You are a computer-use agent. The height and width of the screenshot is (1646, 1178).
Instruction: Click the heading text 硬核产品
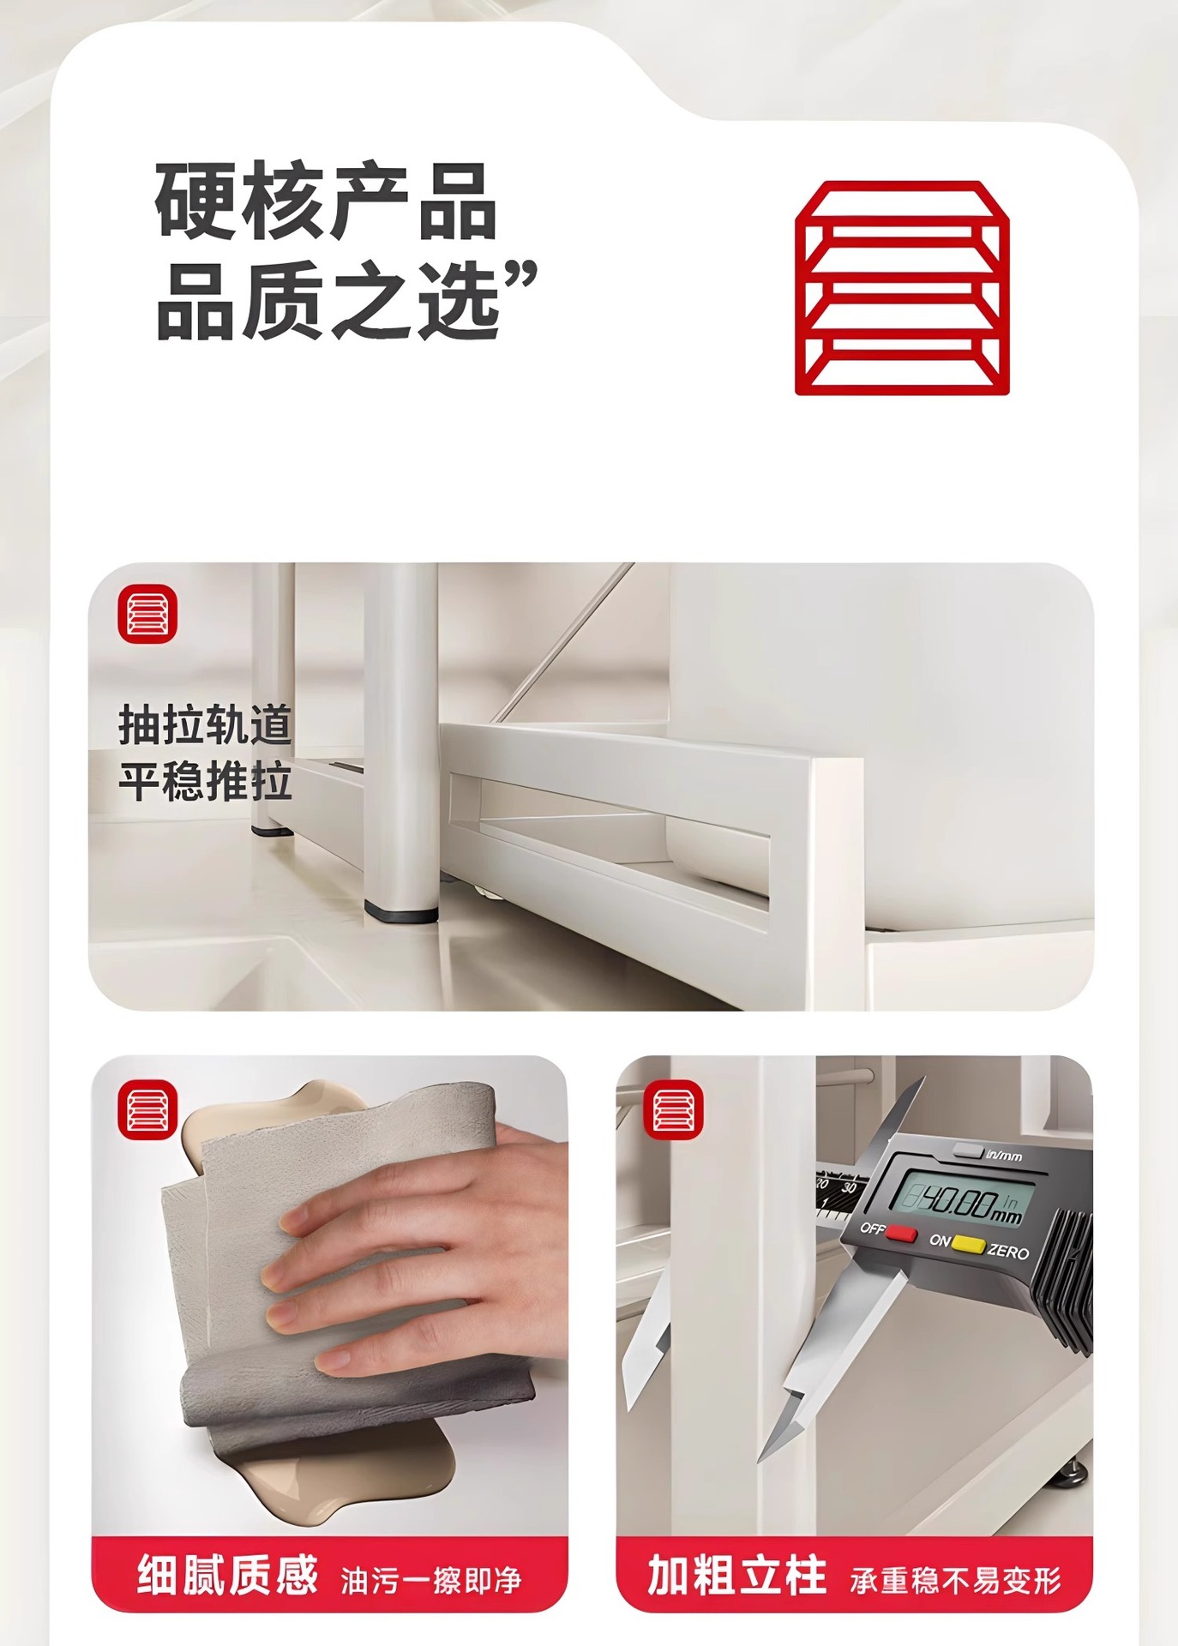click(x=326, y=202)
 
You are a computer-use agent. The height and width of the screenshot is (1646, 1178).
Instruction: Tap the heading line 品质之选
click(x=328, y=300)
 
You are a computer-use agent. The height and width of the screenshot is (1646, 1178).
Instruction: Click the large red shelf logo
click(x=902, y=288)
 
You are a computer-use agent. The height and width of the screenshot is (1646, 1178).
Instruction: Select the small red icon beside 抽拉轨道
click(x=147, y=614)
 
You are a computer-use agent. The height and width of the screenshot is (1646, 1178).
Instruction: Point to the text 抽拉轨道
click(x=206, y=725)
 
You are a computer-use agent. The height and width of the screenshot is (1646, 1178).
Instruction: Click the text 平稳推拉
click(x=206, y=781)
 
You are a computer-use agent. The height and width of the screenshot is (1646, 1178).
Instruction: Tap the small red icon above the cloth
click(x=147, y=1109)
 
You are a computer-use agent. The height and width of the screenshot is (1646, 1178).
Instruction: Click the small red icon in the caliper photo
click(x=673, y=1109)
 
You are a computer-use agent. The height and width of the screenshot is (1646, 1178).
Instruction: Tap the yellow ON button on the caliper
click(x=968, y=1244)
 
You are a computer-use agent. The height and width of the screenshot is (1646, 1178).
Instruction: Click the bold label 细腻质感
click(x=227, y=1574)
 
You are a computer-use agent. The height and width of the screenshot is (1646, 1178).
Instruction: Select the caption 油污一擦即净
click(x=431, y=1579)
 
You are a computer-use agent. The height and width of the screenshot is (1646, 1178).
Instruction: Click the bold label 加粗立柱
click(x=737, y=1574)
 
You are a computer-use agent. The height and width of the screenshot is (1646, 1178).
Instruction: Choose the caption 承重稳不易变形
click(x=956, y=1579)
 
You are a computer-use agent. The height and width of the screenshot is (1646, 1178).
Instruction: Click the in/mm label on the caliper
click(x=1004, y=1156)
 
